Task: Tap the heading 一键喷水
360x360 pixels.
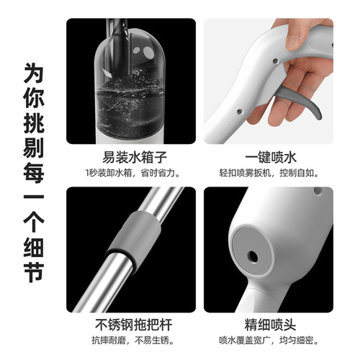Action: [266, 157]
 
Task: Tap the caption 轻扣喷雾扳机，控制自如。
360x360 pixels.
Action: [267, 174]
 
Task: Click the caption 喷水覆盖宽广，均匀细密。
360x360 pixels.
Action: [267, 341]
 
